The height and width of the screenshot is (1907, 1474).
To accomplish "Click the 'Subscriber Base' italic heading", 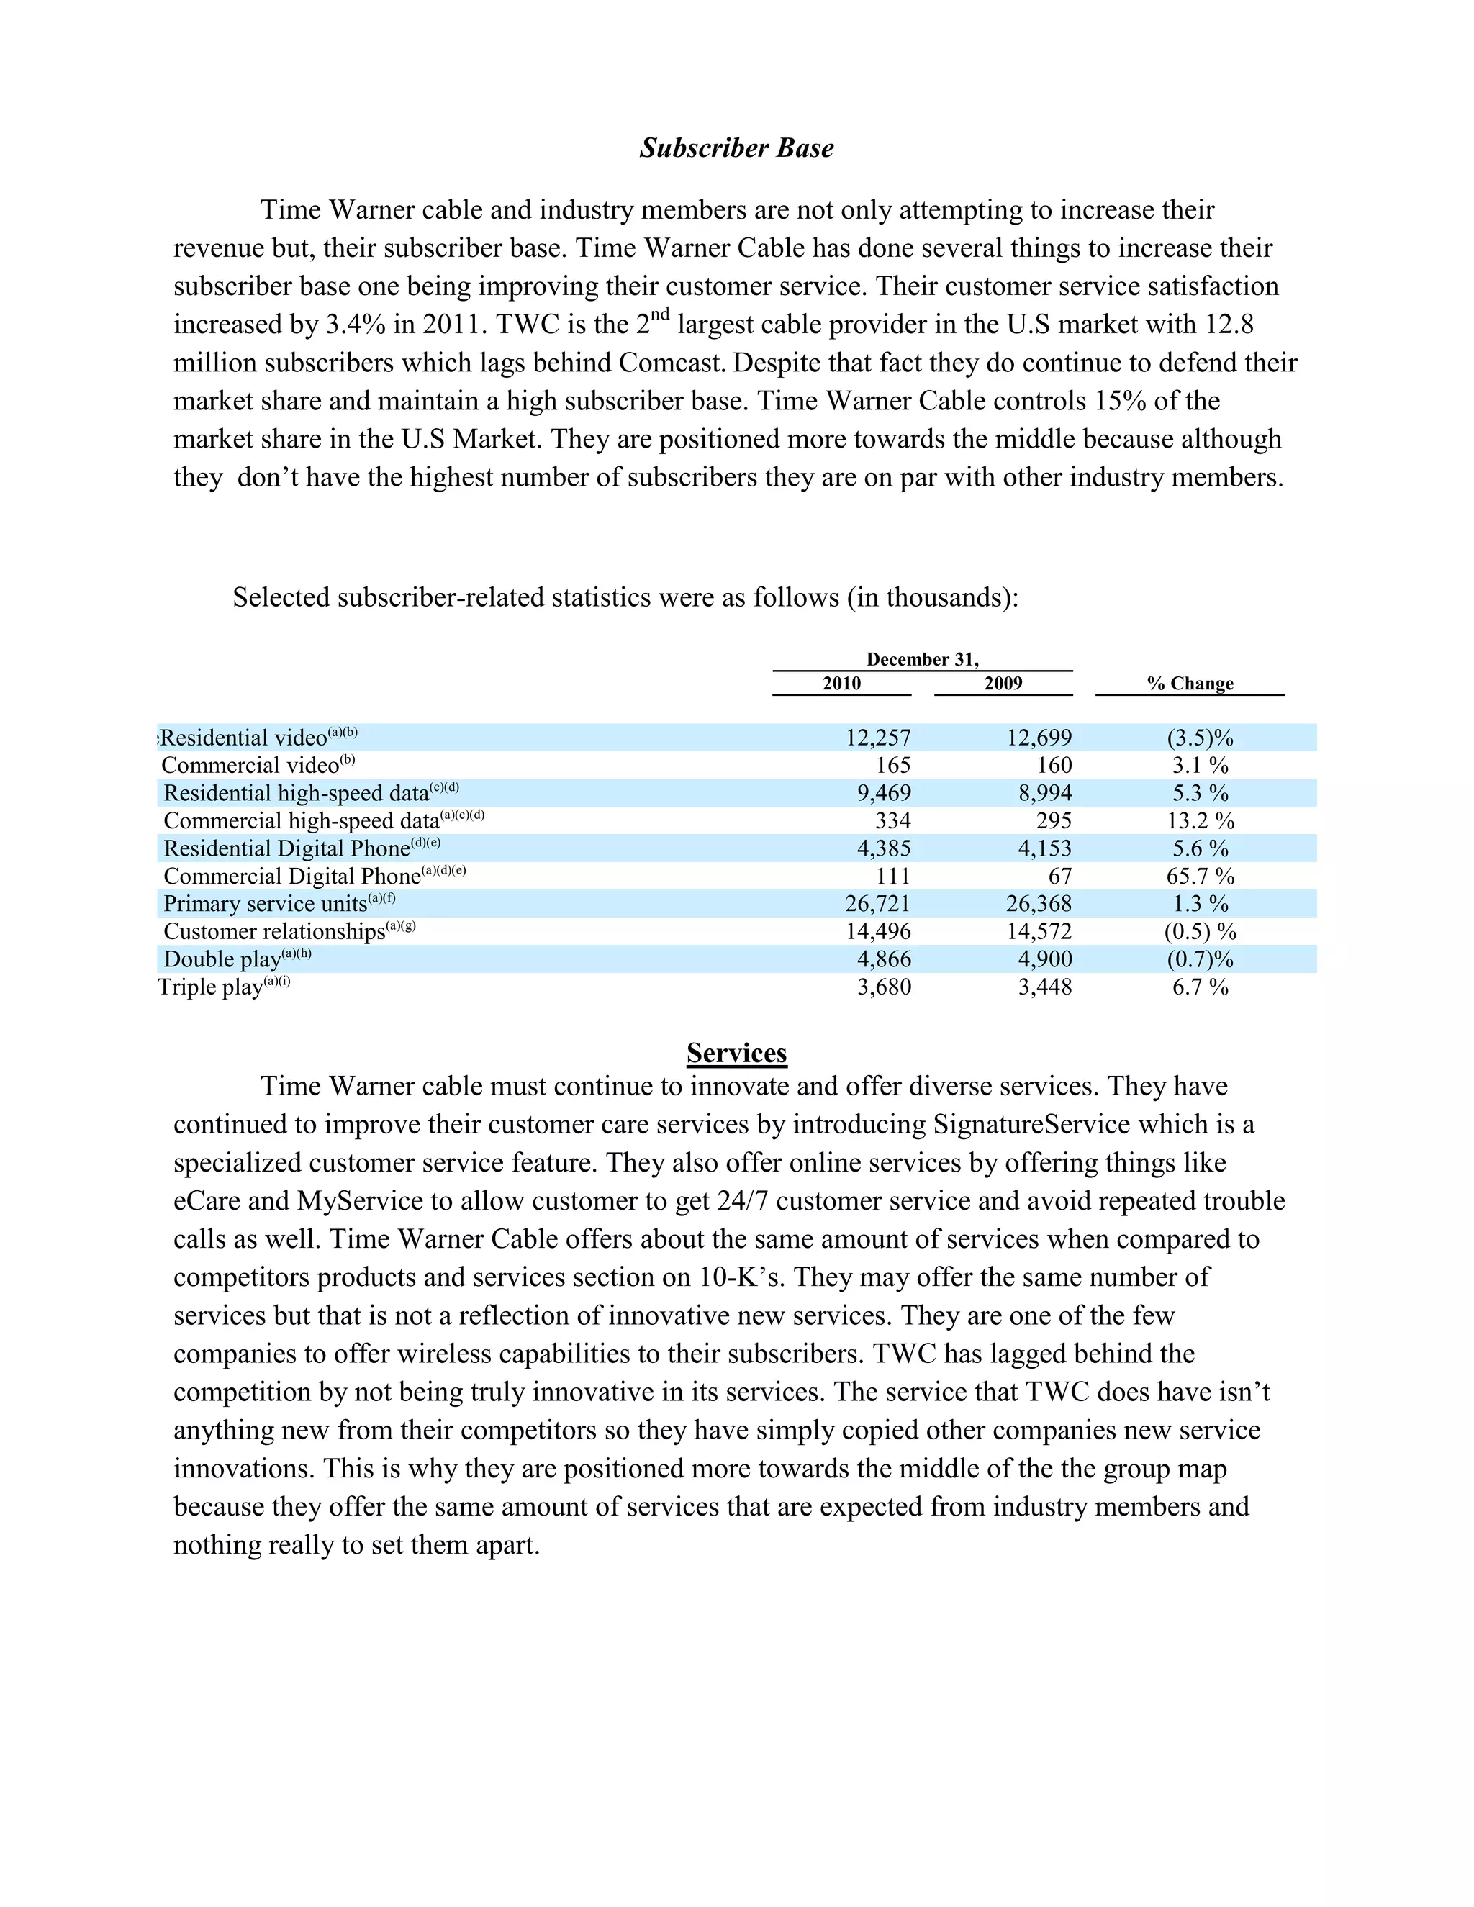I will tap(736, 148).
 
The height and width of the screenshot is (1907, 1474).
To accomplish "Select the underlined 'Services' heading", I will tap(736, 1053).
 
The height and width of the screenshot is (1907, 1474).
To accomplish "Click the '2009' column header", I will tap(1003, 683).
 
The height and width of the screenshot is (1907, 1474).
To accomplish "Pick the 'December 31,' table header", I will tap(922, 659).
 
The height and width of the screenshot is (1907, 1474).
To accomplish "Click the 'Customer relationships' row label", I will tap(274, 932).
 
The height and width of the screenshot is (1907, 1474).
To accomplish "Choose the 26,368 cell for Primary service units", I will tap(1039, 904).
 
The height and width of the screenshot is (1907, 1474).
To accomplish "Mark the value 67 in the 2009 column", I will tap(1059, 876).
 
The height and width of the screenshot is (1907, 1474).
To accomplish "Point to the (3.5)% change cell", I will tap(1200, 738).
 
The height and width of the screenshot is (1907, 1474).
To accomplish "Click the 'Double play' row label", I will tap(222, 959).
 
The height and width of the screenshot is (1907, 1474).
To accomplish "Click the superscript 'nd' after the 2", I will tap(660, 314).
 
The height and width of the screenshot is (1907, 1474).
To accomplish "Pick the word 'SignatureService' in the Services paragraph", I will tap(1031, 1125).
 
